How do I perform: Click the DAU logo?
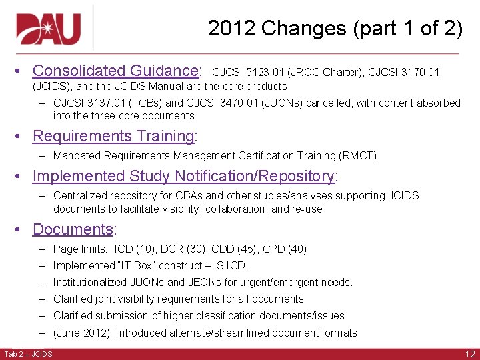[49, 28]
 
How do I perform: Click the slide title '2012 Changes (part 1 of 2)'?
[335, 28]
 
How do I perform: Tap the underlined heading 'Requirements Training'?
[113, 136]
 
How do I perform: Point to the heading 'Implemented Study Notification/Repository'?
[183, 176]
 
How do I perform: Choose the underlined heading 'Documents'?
[73, 229]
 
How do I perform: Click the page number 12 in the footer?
[470, 353]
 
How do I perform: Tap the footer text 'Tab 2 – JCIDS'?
[28, 353]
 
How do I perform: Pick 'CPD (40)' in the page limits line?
[284, 249]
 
